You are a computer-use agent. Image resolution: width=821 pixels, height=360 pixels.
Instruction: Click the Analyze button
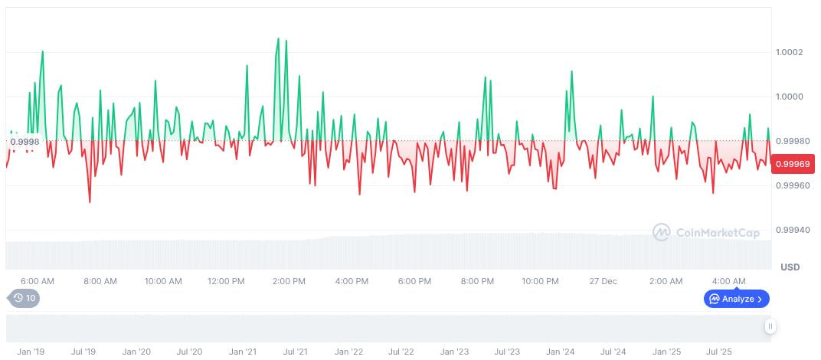[736, 299]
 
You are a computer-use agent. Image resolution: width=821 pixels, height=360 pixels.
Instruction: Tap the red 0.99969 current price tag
[793, 163]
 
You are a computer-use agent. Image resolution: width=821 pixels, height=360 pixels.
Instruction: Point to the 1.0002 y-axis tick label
[788, 52]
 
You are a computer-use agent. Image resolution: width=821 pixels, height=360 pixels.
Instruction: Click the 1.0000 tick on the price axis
[788, 97]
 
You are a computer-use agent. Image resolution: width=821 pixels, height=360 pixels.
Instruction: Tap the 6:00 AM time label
[37, 281]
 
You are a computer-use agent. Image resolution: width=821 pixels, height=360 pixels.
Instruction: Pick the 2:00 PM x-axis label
[289, 281]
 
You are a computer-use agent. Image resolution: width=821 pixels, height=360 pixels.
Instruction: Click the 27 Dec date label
[603, 281]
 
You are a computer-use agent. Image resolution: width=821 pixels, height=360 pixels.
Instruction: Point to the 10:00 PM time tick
[541, 281]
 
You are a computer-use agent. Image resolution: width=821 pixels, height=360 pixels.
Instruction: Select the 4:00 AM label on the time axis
[728, 281]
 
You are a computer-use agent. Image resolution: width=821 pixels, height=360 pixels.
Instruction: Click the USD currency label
[790, 267]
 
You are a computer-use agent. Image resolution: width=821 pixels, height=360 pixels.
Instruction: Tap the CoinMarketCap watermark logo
[705, 232]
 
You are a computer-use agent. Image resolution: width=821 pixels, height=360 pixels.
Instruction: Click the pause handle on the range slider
[770, 326]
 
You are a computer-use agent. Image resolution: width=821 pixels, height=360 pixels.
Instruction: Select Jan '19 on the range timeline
[31, 352]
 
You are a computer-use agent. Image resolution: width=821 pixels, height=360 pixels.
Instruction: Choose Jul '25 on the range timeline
[718, 352]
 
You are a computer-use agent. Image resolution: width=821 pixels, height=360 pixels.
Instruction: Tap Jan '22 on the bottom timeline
[348, 352]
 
